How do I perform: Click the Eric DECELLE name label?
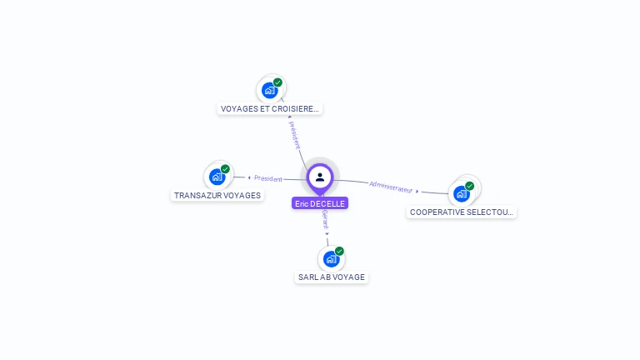click(320, 203)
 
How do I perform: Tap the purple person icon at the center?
click(320, 177)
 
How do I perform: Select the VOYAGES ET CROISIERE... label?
click(269, 108)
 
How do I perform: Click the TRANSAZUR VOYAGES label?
click(217, 195)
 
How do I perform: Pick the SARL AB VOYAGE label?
click(332, 277)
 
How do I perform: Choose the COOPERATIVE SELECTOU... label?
click(462, 212)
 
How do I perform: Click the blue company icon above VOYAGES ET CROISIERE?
click(269, 90)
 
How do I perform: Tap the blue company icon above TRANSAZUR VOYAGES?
click(217, 177)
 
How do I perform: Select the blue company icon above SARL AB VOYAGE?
click(331, 258)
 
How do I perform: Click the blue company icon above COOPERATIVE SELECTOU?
click(461, 193)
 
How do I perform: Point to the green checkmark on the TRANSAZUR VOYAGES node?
click(225, 169)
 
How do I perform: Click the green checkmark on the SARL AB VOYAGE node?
click(339, 251)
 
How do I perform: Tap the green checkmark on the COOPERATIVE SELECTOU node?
click(469, 186)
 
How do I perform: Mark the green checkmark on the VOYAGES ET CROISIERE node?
click(277, 82)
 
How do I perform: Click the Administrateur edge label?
click(391, 187)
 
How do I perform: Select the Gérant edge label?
click(325, 218)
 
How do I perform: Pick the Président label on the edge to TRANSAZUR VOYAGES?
click(268, 178)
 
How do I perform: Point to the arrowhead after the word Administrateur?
click(417, 191)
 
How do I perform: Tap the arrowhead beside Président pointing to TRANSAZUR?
click(249, 177)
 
